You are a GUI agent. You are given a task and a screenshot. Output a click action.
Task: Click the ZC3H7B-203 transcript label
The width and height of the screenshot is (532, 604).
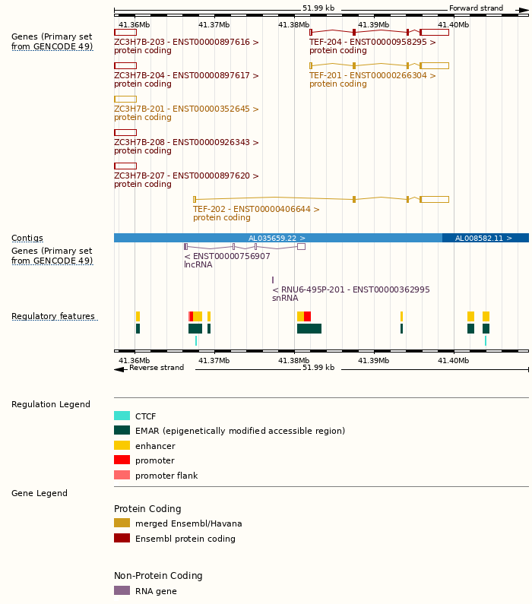[186, 43]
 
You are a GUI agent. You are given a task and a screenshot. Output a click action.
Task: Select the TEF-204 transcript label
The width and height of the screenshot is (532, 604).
[372, 43]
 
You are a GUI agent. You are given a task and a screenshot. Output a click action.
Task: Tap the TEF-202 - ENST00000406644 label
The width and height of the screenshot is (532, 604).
[256, 209]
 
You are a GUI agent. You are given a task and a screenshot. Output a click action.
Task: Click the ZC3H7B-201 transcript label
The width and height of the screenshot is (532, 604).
[186, 109]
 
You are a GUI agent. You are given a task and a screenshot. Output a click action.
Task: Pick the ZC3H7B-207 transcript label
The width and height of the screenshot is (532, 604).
[186, 176]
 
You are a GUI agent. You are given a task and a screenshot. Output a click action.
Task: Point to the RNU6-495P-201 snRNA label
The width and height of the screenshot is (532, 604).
[350, 289]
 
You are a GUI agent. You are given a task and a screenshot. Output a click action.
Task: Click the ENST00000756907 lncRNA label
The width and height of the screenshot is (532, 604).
[227, 256]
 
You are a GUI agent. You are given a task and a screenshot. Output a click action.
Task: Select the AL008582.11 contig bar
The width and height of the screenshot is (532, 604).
[485, 238]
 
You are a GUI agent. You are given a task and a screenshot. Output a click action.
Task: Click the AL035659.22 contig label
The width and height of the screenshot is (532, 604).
[277, 238]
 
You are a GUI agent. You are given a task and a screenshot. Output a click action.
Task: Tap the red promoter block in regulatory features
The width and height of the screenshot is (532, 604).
[307, 316]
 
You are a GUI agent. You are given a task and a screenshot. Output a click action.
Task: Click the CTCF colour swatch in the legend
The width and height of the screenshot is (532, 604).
[122, 416]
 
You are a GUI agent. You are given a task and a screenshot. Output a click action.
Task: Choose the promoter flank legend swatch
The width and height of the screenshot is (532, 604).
[122, 476]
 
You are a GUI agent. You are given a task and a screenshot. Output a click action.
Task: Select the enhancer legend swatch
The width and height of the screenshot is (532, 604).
[122, 446]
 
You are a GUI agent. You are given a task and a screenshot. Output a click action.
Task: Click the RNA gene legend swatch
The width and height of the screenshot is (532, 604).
[122, 590]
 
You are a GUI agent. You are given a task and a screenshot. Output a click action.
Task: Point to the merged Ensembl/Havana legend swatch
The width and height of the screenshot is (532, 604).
[122, 523]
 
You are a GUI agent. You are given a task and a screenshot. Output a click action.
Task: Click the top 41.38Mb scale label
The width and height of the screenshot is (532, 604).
[293, 25]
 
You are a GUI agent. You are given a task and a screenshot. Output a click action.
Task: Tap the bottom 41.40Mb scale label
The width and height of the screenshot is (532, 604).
[453, 360]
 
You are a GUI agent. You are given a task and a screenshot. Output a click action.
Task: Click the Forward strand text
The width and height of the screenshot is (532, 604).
[476, 8]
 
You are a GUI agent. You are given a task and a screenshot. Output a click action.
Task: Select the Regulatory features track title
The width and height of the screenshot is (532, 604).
[53, 317]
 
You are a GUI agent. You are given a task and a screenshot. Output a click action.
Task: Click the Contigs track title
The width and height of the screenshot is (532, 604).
[27, 239]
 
